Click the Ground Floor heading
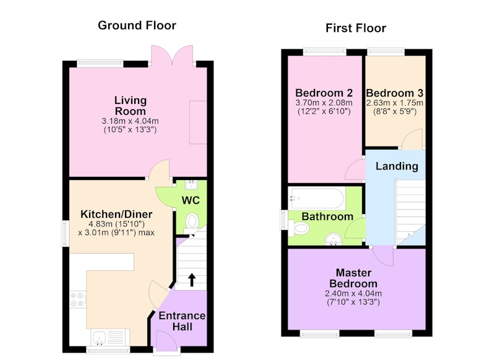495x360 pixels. point(137,25)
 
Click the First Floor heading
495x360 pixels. point(356,28)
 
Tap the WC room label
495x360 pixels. point(191,200)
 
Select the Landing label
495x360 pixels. point(397,166)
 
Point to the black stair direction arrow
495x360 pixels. point(192,280)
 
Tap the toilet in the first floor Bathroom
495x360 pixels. point(299,228)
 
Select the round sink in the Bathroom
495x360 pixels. point(334,239)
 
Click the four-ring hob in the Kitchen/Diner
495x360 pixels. point(77,299)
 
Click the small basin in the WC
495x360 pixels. point(191,184)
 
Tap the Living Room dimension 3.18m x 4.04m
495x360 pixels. point(130,121)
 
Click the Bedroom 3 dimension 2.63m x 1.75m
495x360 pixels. point(395,103)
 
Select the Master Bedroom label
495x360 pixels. point(353,278)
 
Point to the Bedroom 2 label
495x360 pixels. point(324,93)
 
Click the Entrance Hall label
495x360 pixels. point(182,321)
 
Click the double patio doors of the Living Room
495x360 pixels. point(172,56)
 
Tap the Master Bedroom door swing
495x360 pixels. point(383,256)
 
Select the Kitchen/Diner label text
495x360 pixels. point(116,214)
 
